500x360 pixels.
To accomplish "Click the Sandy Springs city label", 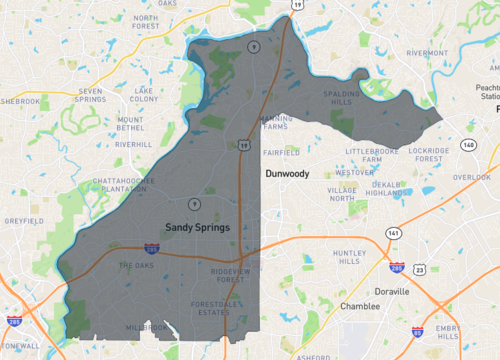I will point(197,227).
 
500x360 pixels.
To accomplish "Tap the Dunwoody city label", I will point(287,173).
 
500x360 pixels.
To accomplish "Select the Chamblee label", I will point(360,306).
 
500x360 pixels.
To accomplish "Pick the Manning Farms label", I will point(276,123).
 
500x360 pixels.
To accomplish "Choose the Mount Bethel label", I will point(130,125).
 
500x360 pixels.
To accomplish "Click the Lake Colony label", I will point(144,95).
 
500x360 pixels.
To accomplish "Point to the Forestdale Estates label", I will point(217,307).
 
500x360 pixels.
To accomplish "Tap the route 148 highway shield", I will point(468,144).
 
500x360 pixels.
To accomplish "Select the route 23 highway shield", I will point(421,269).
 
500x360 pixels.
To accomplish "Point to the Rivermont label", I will point(427,53).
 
